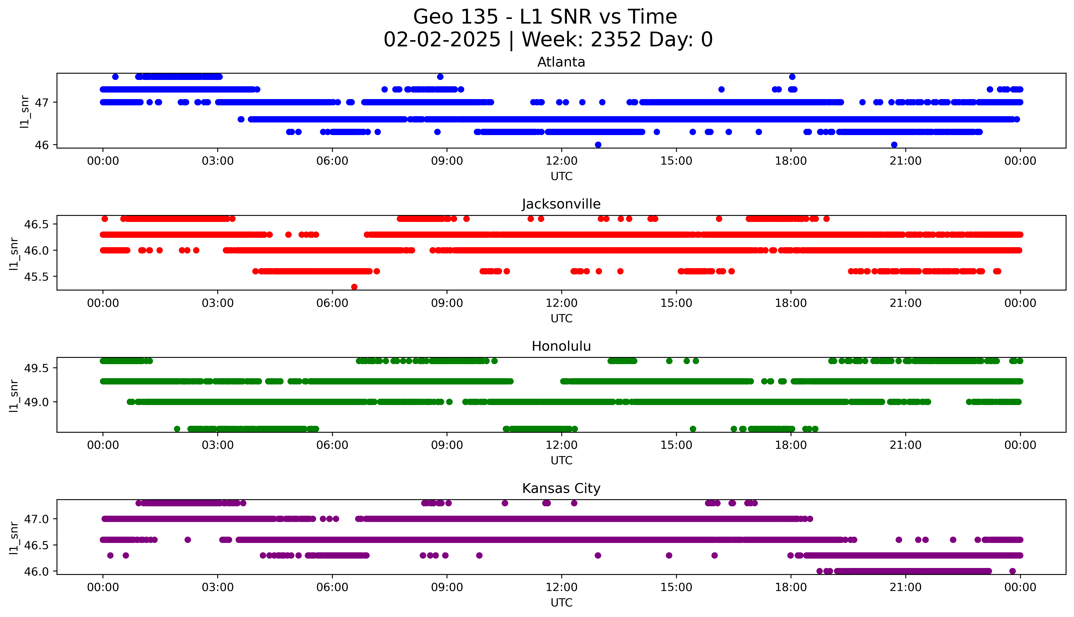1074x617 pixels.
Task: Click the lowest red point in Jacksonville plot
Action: click(354, 287)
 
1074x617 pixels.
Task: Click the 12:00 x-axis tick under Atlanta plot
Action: click(561, 161)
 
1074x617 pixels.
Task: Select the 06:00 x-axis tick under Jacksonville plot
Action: click(332, 303)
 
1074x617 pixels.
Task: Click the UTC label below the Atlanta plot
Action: click(561, 176)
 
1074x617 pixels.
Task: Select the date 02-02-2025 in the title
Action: click(442, 40)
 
